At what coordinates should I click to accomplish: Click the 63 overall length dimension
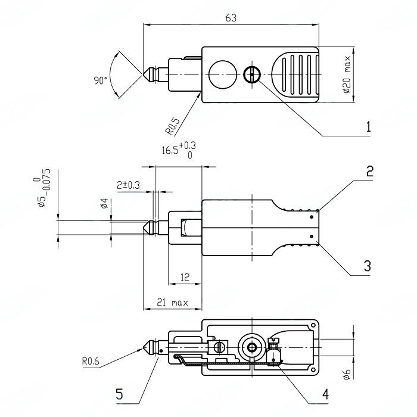point(231,18)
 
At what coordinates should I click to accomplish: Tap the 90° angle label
point(100,80)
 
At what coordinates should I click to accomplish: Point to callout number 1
point(369,127)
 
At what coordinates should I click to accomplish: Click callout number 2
point(369,172)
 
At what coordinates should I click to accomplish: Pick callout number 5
point(119,394)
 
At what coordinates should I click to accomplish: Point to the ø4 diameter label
point(104,204)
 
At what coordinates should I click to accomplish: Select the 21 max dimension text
point(172,303)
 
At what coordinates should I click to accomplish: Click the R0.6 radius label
point(94,360)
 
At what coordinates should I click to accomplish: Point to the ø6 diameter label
point(347,374)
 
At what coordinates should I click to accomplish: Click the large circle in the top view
point(223,74)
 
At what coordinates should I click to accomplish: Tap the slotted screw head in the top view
point(252,74)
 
